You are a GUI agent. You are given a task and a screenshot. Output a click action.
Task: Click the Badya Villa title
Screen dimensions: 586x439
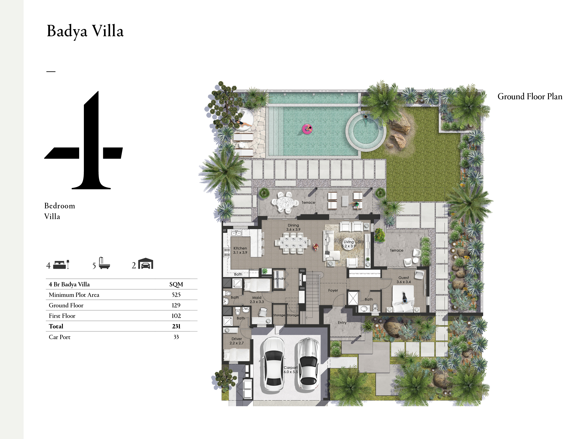(x=85, y=31)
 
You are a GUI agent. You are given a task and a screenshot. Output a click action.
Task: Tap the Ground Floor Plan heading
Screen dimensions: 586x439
(x=530, y=96)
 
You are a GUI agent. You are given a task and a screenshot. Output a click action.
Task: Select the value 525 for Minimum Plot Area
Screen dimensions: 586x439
(x=176, y=295)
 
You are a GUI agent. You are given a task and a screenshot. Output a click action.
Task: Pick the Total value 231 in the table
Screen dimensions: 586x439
(x=176, y=326)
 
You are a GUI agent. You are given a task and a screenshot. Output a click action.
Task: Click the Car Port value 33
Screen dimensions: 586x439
(x=176, y=337)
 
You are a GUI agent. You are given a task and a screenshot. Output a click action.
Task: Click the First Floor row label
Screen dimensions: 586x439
(x=62, y=316)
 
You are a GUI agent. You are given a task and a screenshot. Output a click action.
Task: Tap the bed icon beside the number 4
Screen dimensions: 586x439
(x=61, y=265)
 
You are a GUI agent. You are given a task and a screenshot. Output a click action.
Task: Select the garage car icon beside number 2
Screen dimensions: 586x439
(x=146, y=264)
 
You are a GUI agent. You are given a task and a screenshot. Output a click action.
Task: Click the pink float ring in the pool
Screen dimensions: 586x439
(x=307, y=129)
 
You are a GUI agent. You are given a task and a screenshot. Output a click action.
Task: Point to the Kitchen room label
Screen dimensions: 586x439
(x=240, y=250)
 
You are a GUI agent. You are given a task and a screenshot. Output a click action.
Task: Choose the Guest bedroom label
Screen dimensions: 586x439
(x=404, y=280)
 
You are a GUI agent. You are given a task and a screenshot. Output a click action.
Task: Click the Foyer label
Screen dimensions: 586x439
(x=333, y=290)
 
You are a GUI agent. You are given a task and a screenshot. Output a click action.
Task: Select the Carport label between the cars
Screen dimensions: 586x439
(x=291, y=370)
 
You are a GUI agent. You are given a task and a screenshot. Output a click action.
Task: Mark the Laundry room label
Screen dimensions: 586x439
(x=279, y=278)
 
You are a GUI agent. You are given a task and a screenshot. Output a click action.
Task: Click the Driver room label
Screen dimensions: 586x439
(x=237, y=341)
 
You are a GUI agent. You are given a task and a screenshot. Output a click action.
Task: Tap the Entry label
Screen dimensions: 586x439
(x=342, y=323)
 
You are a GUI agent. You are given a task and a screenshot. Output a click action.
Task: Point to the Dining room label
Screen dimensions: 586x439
(x=293, y=227)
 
